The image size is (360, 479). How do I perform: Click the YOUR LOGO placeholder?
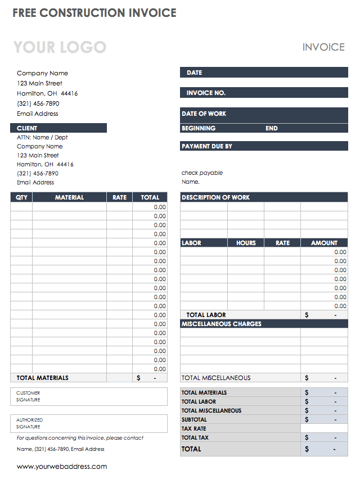60,47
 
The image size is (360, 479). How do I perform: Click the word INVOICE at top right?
323,47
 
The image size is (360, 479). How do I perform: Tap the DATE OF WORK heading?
204,114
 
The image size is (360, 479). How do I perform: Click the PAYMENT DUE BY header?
207,146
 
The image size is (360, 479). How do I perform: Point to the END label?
272,128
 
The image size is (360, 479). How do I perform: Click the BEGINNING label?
199,128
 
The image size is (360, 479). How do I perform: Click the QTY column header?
21,197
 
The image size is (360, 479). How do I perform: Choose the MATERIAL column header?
69,197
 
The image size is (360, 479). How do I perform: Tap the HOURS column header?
246,243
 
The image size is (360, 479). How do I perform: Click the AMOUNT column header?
324,243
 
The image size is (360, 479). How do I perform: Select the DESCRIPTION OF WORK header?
215,197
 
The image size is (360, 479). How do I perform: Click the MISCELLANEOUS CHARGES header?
221,324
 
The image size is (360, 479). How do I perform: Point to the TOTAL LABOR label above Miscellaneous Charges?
206,315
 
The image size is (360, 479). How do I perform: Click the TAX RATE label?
193,428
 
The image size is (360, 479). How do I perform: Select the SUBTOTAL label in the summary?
194,419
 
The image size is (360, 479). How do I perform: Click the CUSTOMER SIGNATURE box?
89,396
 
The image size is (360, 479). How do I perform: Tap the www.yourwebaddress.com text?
62,467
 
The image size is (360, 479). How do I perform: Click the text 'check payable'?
202,173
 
